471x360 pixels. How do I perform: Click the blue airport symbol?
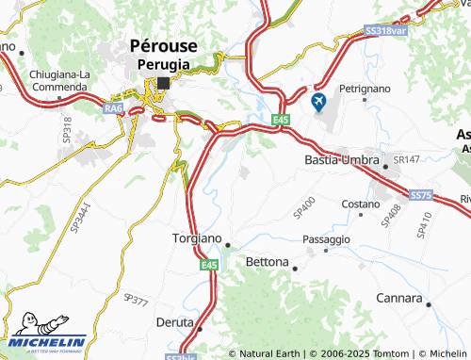[x=317, y=99]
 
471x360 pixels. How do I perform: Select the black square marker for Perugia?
[x=164, y=83]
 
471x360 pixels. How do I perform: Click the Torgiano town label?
[x=197, y=239]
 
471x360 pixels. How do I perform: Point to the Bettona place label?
[x=267, y=261]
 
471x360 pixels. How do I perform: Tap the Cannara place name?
[x=396, y=299]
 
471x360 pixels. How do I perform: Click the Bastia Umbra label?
[x=341, y=161]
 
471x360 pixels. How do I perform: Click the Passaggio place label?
[x=326, y=240]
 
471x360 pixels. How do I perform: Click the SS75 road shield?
[x=420, y=194]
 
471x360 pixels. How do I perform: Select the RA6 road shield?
[x=114, y=110]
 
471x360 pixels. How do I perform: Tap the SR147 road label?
[x=406, y=160]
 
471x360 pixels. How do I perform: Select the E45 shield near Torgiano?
[x=208, y=267]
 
